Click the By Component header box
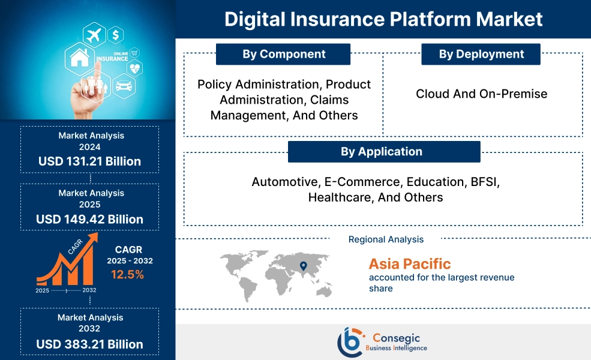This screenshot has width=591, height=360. tap(283, 54)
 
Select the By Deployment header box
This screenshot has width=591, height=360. tap(481, 54)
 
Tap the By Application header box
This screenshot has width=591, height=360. tap(384, 152)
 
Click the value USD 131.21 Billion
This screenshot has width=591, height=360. tap(90, 161)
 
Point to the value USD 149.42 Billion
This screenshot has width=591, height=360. tap(90, 219)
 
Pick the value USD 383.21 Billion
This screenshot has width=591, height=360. tap(90, 344)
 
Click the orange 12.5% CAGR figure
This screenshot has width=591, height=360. tap(127, 275)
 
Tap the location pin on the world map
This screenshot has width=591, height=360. tap(303, 266)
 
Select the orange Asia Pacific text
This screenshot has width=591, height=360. tap(410, 263)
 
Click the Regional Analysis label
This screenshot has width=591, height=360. tap(386, 239)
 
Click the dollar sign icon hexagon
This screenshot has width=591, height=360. tap(115, 34)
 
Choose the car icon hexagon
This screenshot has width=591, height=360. tap(122, 86)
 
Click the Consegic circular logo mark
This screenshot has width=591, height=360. tap(350, 341)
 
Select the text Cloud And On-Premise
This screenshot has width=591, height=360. tap(482, 94)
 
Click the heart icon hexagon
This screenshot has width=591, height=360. tap(135, 68)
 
